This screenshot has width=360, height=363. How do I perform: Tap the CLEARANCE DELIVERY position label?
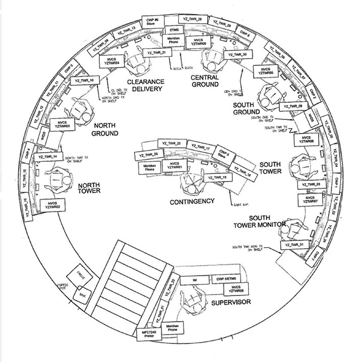pos(144,86)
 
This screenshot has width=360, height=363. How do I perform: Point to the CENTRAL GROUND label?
pos(205,81)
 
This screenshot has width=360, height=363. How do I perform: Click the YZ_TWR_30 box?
pos(237,54)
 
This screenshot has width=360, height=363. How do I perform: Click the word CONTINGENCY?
pos(192,201)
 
